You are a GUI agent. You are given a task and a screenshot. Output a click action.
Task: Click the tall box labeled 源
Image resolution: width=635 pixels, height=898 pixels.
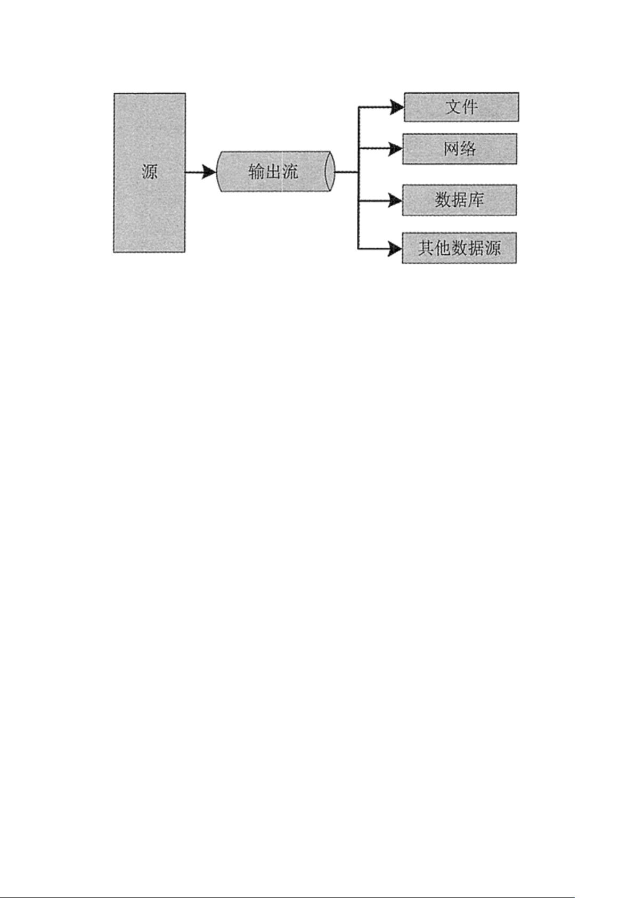[150, 173]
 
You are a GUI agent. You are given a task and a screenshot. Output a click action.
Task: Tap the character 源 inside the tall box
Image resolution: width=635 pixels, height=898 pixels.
[150, 172]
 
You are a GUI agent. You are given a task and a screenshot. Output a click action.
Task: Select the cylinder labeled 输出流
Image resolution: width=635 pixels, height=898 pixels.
[275, 172]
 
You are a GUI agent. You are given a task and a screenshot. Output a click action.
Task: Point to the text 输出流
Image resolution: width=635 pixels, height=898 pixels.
[273, 172]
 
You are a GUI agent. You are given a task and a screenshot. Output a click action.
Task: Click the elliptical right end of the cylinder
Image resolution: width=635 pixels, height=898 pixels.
[329, 172]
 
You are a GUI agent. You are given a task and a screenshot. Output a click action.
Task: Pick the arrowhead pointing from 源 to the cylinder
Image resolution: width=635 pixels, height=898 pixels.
[209, 172]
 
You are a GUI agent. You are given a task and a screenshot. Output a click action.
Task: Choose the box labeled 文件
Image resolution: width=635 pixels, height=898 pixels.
[461, 107]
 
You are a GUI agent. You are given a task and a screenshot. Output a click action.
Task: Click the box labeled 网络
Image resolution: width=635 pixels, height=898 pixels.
[460, 149]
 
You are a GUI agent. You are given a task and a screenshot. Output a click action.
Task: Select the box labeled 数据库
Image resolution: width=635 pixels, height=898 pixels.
[460, 200]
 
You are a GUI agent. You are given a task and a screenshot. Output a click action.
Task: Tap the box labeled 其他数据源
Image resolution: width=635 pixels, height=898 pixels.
[459, 248]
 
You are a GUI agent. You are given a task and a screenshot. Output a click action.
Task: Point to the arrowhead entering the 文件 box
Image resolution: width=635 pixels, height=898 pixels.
[397, 107]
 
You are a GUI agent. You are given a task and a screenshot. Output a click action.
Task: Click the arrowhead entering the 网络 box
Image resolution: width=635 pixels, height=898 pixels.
[395, 149]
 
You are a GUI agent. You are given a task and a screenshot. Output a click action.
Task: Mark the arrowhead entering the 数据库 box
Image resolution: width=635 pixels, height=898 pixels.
[395, 200]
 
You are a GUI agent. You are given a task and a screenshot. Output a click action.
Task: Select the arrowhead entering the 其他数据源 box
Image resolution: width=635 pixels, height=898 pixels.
[395, 249]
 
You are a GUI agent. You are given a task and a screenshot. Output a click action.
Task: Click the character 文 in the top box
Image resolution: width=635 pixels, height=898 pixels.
[453, 107]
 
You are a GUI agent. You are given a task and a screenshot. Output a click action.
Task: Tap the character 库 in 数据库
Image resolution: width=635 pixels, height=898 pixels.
[476, 200]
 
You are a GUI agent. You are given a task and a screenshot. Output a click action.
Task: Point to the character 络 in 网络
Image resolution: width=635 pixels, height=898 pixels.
[468, 149]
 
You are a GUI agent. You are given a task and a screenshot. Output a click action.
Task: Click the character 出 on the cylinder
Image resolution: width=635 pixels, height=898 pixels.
[273, 172]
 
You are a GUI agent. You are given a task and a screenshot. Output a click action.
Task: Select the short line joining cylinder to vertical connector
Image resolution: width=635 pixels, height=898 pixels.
[346, 172]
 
